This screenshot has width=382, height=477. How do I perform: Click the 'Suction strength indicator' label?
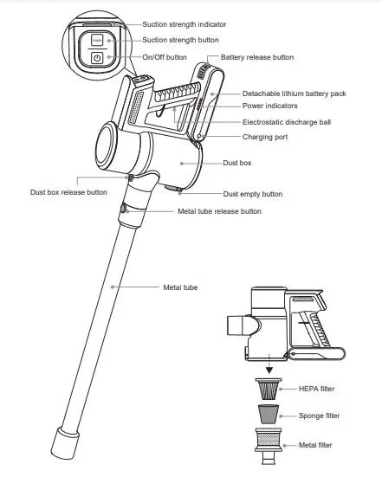point(185,25)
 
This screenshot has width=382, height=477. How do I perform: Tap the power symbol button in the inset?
point(97,58)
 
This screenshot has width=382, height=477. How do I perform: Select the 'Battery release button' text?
point(257,57)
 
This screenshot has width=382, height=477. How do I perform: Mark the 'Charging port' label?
point(266,136)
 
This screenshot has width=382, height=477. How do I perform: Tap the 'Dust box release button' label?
point(68,192)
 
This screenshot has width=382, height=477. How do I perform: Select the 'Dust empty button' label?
point(253,194)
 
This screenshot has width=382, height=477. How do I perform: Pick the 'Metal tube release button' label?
point(219,211)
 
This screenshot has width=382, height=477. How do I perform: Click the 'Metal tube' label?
point(180,287)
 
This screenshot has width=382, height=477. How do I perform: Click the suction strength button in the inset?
point(97,39)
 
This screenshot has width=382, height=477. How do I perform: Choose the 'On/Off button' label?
point(164,57)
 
